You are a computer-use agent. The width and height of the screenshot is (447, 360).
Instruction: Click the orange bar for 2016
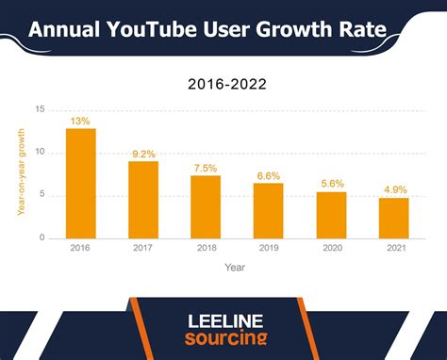[80, 183]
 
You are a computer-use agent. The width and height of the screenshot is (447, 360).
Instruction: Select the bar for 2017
[143, 199]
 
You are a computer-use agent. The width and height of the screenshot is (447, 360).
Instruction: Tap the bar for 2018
[206, 206]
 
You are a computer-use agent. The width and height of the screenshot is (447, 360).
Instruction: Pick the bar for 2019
[268, 210]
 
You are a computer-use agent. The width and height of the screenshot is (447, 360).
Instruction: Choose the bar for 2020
[331, 215]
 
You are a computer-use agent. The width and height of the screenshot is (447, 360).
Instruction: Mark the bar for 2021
[393, 218]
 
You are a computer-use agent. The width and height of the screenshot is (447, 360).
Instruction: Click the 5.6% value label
[331, 183]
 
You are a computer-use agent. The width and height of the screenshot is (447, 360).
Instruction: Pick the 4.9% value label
[393, 189]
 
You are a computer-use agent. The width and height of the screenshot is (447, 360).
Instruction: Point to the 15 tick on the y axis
[39, 109]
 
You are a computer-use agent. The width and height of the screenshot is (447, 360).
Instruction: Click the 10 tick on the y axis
[39, 153]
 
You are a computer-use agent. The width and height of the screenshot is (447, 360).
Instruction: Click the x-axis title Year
[236, 267]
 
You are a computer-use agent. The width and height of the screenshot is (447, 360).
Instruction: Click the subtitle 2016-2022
[227, 84]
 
